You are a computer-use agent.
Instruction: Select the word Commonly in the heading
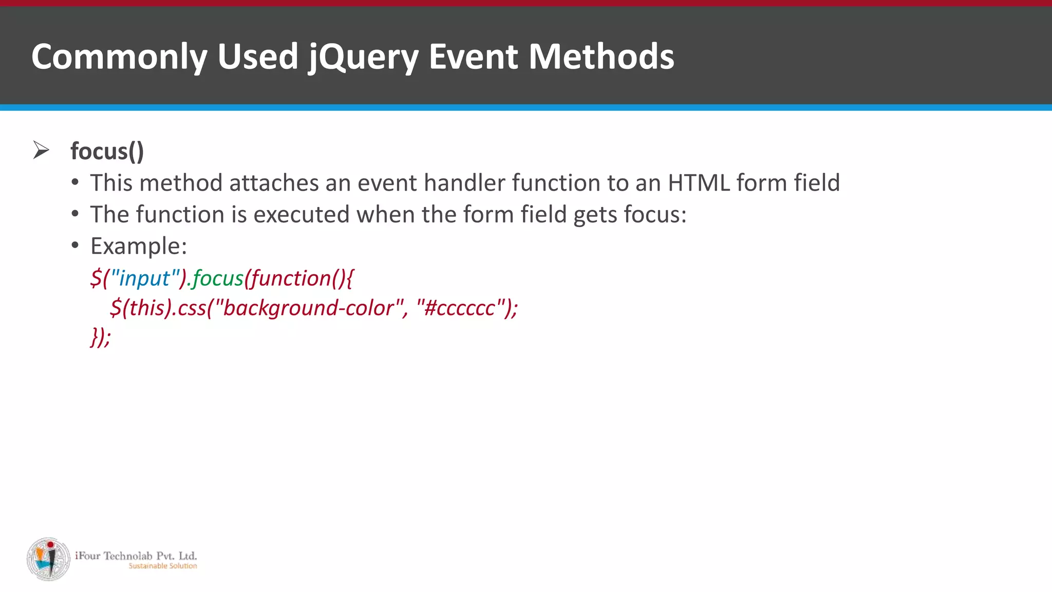tap(119, 57)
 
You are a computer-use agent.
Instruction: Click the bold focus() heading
tap(107, 151)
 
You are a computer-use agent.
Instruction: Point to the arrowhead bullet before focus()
tap(41, 150)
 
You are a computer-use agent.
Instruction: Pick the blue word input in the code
tap(144, 279)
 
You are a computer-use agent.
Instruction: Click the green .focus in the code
tap(216, 279)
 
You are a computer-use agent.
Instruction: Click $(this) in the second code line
tap(140, 308)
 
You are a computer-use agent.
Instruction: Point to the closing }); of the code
tap(100, 337)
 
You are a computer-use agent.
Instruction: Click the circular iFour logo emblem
tap(48, 559)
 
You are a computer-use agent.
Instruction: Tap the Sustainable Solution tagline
tap(162, 566)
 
